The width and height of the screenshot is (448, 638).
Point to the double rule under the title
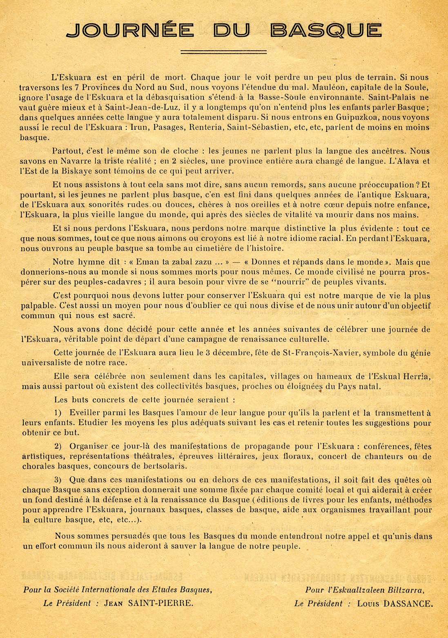point(224,52)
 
